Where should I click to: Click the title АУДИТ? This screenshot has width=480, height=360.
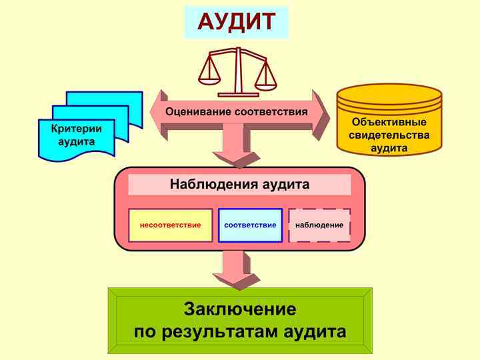tap(236, 22)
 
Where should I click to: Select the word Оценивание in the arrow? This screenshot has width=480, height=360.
tap(199, 111)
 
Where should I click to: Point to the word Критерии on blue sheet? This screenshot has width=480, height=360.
tap(73, 129)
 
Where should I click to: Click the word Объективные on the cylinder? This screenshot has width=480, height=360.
tap(389, 123)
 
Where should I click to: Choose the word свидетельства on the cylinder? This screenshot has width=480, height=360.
tap(389, 135)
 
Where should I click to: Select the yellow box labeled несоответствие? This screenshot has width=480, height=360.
tap(170, 225)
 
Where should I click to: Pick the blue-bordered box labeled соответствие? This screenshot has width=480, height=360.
tap(250, 225)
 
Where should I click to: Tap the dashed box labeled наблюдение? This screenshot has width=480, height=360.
tap(319, 225)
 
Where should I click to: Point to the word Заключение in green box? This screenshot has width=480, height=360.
tap(240, 310)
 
